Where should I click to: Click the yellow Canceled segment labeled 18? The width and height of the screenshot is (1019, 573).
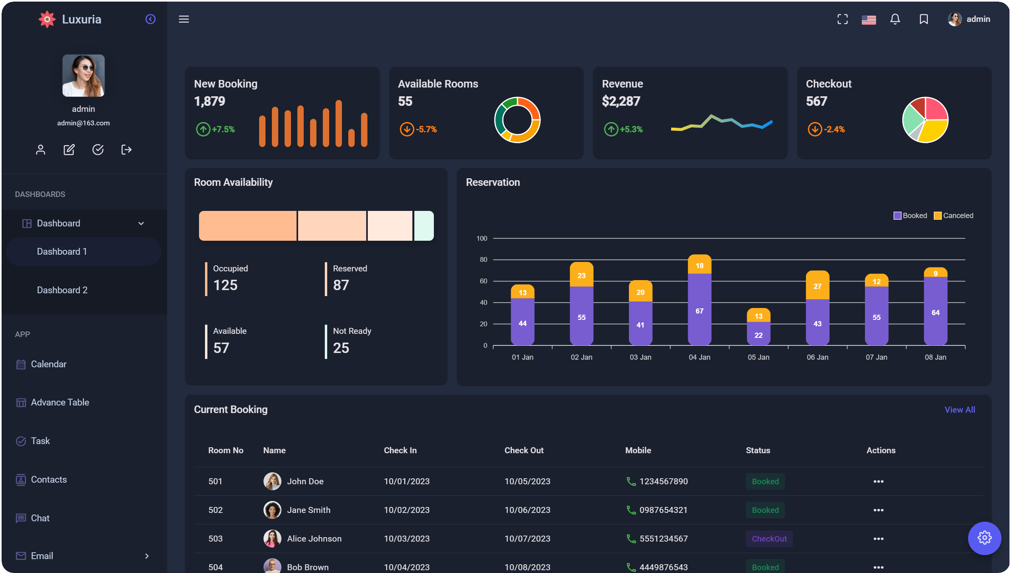pos(699,265)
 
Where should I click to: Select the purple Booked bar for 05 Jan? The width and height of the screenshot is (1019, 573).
pos(758,335)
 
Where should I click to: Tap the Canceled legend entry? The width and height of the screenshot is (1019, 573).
pos(954,215)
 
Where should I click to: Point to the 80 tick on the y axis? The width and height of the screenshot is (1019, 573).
pos(483,259)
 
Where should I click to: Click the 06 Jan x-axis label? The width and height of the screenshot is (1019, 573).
pos(817,357)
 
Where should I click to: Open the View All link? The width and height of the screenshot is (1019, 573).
pos(959,409)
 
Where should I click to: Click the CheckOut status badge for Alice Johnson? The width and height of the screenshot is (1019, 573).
pos(769,538)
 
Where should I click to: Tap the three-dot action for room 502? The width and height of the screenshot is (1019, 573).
pos(878,510)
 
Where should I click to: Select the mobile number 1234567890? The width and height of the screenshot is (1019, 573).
pos(663,481)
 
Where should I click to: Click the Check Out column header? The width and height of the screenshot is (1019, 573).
pos(523,450)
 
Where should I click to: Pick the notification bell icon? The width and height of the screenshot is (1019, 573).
pos(895,19)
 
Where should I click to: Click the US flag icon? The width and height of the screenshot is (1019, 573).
pos(869,19)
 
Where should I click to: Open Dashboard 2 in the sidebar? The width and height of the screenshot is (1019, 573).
pos(62,290)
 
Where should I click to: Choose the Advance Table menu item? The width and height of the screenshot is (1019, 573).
pos(60,402)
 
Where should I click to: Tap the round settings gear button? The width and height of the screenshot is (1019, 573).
pos(984,538)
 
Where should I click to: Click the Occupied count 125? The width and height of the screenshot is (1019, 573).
pos(225,285)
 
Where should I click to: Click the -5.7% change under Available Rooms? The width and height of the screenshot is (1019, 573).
pos(426,129)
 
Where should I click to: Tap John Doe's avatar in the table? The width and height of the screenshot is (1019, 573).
pos(272,481)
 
